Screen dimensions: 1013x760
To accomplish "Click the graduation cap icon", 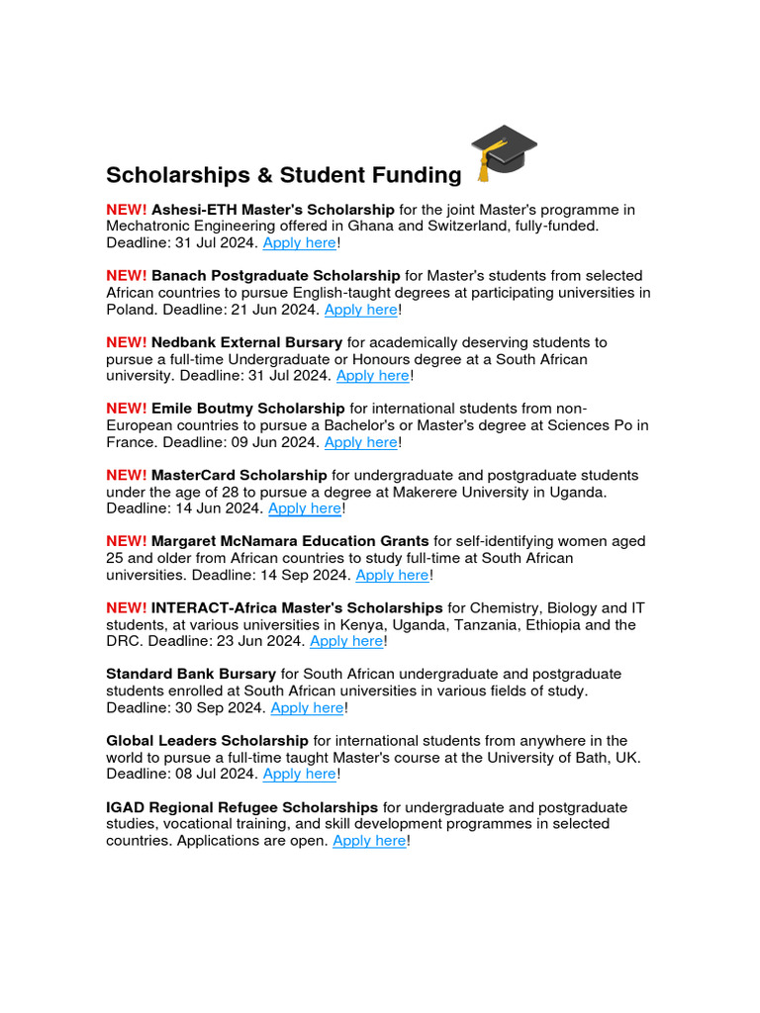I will (504, 152).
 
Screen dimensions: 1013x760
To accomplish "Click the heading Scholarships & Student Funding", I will (283, 175).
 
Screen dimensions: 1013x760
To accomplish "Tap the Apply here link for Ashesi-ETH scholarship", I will (299, 242).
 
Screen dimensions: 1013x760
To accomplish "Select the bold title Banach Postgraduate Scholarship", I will (275, 275).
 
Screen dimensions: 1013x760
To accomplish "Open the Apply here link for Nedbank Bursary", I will (372, 375).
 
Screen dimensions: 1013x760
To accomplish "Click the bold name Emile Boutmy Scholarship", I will (247, 408).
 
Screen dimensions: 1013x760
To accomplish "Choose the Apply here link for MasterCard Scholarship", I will (304, 508).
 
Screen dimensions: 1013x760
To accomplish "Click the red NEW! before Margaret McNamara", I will (127, 541).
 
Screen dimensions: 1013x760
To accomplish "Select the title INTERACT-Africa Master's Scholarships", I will (297, 607).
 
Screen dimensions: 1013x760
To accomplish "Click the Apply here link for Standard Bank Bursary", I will (307, 707).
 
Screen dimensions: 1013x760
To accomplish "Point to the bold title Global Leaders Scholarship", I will (208, 740).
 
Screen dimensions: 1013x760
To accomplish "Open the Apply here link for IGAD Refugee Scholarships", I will (369, 840).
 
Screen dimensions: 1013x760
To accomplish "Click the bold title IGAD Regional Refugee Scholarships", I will (241, 807).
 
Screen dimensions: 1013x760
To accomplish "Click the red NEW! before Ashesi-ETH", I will (127, 209).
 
